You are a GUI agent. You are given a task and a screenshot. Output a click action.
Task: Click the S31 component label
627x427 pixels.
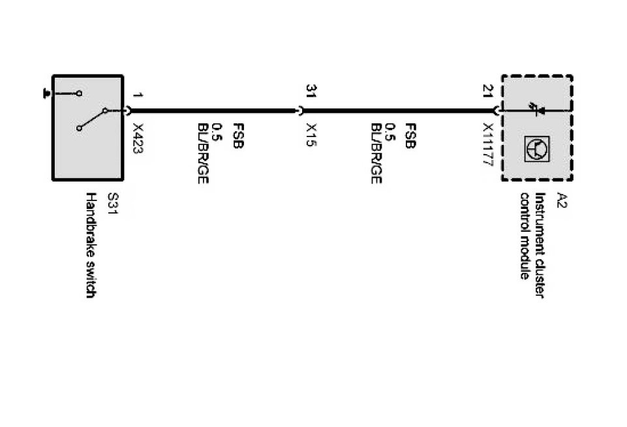[112, 206]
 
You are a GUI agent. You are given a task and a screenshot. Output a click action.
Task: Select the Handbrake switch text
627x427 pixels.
[91, 245]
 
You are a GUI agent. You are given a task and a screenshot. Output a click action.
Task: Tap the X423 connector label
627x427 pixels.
[138, 138]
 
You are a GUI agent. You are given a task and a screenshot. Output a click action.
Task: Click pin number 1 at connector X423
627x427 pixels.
[137, 95]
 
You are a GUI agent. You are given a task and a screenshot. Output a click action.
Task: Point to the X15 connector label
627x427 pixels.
[311, 135]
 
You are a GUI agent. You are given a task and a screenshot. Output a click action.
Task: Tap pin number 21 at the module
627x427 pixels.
[487, 91]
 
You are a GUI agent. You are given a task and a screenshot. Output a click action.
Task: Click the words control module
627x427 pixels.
[525, 236]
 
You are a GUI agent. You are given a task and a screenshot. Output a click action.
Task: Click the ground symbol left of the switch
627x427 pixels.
[46, 94]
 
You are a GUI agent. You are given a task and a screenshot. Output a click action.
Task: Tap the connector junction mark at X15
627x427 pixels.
[300, 112]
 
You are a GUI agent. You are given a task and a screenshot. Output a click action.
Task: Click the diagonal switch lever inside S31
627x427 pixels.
[92, 119]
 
